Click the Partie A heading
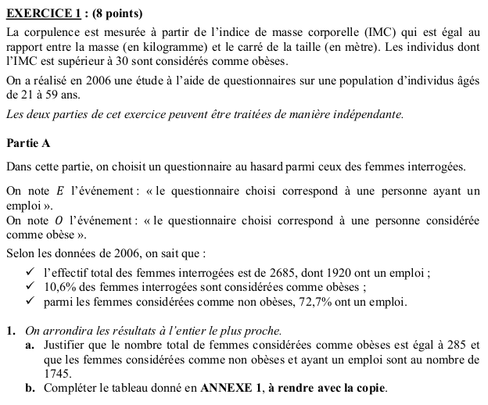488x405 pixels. [27, 144]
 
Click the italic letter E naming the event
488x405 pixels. [60, 192]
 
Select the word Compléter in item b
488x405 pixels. [72, 389]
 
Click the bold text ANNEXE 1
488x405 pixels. [234, 389]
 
